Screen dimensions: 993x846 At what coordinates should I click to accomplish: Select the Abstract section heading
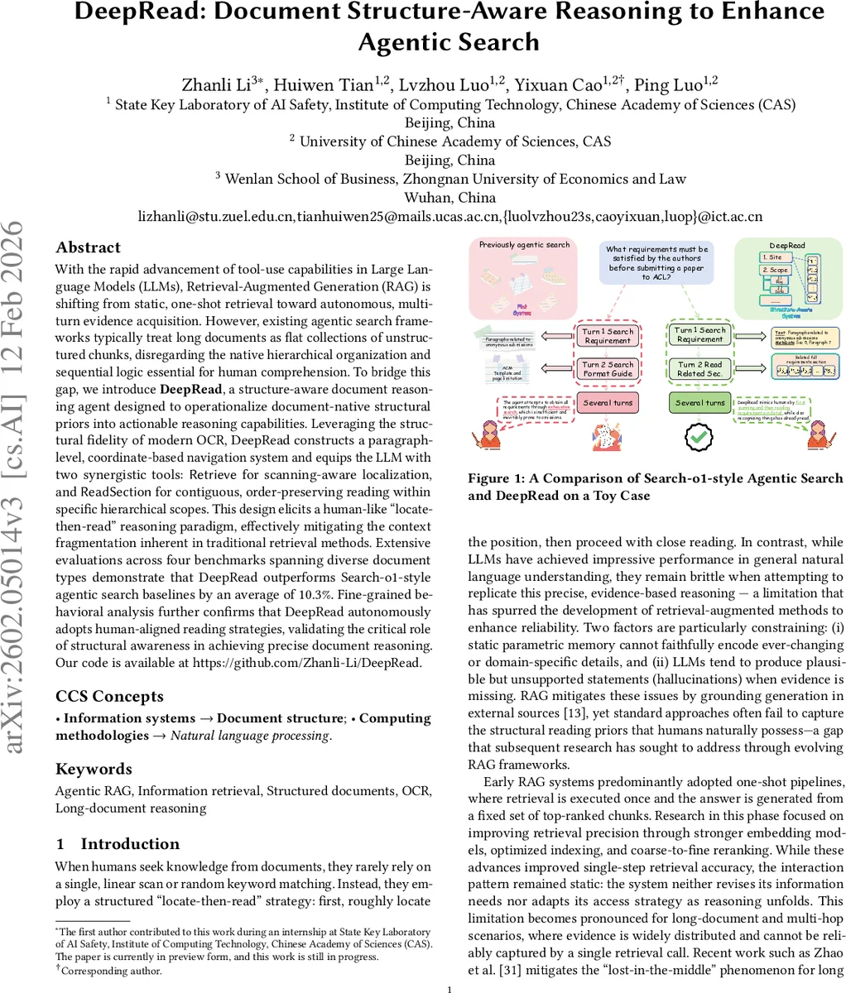pyautogui.click(x=88, y=247)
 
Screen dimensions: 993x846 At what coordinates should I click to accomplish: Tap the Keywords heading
pyautogui.click(x=94, y=769)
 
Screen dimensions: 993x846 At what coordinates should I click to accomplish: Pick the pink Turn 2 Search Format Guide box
pyautogui.click(x=608, y=369)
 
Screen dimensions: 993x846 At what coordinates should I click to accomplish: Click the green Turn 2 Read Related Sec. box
pyautogui.click(x=700, y=369)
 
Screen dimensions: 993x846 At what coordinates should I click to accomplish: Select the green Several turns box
pyautogui.click(x=700, y=403)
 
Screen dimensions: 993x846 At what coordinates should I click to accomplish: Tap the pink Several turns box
pyautogui.click(x=608, y=403)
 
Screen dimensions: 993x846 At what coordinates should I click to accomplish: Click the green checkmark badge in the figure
pyautogui.click(x=700, y=437)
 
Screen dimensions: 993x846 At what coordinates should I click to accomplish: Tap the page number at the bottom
pyautogui.click(x=448, y=988)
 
